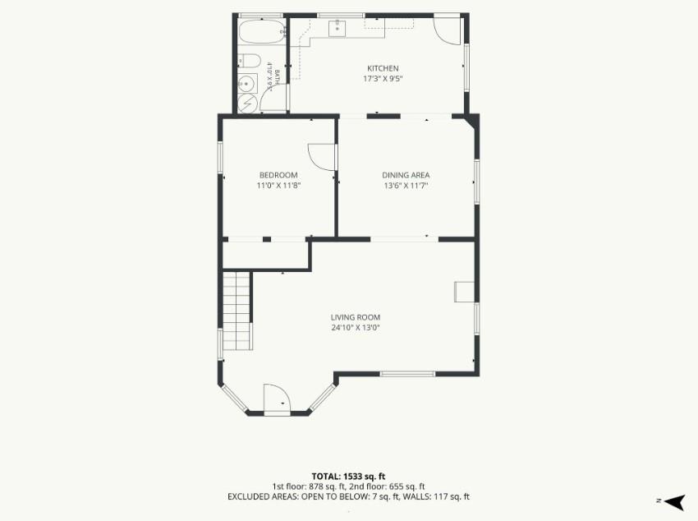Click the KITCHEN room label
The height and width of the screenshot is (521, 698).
coord(383,68)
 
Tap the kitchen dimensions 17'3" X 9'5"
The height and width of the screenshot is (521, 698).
coord(383,79)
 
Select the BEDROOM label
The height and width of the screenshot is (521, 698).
coord(278,175)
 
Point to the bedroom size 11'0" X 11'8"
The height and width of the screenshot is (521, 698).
coord(279,186)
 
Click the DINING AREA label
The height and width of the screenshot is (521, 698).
coord(406,175)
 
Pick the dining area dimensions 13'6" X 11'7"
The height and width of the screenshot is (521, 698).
coord(406,186)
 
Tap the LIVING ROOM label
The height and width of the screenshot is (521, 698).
coord(356,317)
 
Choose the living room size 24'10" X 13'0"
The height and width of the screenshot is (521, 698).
coord(356,328)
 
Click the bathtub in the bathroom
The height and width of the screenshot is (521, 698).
coord(261,31)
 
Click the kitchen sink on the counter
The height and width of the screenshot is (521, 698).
coord(337,28)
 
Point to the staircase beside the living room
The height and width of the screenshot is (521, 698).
coord(237,311)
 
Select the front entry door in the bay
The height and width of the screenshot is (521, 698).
coord(277,399)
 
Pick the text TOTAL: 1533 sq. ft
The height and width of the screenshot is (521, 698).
coord(348,477)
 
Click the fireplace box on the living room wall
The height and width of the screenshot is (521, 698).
coord(464,292)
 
